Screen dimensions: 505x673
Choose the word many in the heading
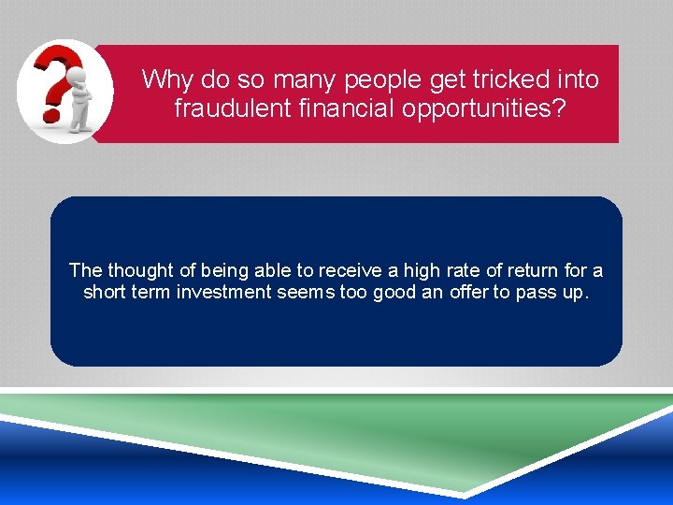click(307, 79)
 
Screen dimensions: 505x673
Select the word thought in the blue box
click(139, 270)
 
